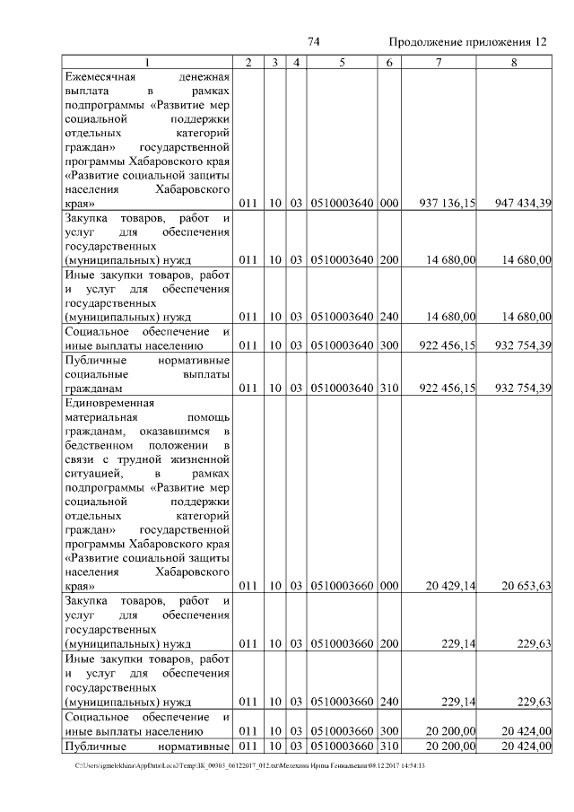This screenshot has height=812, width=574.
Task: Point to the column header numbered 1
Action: click(x=148, y=62)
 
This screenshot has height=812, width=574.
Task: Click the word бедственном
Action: click(x=98, y=445)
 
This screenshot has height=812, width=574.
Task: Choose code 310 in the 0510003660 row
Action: click(x=388, y=746)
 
